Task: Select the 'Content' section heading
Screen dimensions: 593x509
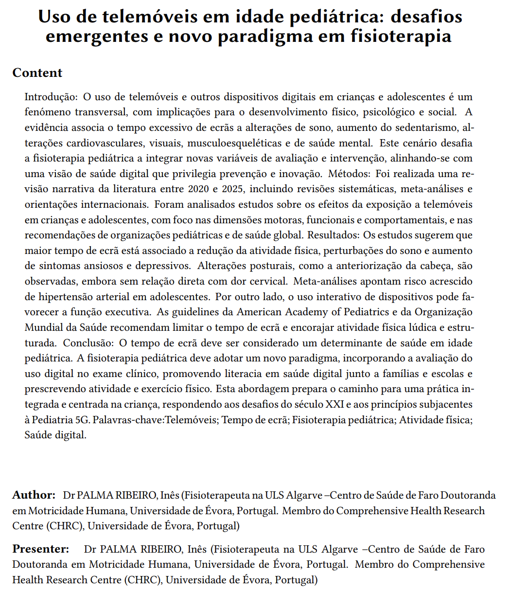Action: [x=37, y=73]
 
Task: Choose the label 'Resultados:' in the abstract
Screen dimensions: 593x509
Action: [x=333, y=235]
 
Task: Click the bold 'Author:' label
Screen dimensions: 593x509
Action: [x=34, y=496]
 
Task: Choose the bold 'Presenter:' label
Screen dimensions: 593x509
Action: [x=41, y=550]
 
